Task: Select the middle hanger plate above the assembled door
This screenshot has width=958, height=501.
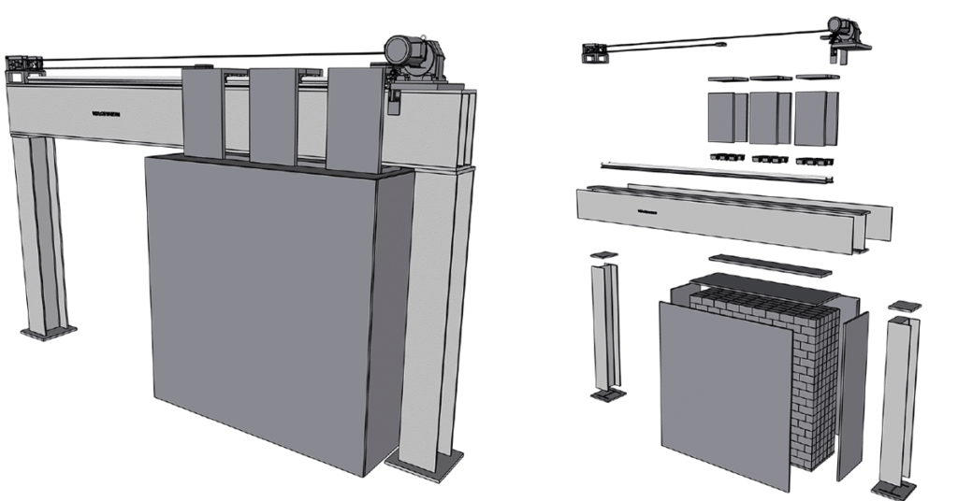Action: point(273,117)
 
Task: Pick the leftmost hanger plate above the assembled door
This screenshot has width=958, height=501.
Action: point(203,112)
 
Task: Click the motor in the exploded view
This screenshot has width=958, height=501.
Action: point(839,31)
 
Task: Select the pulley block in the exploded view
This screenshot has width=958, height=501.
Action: point(595,53)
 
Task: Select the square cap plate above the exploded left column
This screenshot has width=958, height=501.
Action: point(604,254)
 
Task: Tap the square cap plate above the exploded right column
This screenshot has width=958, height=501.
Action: point(904,306)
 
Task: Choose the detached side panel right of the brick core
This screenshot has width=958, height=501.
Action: point(852,393)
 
